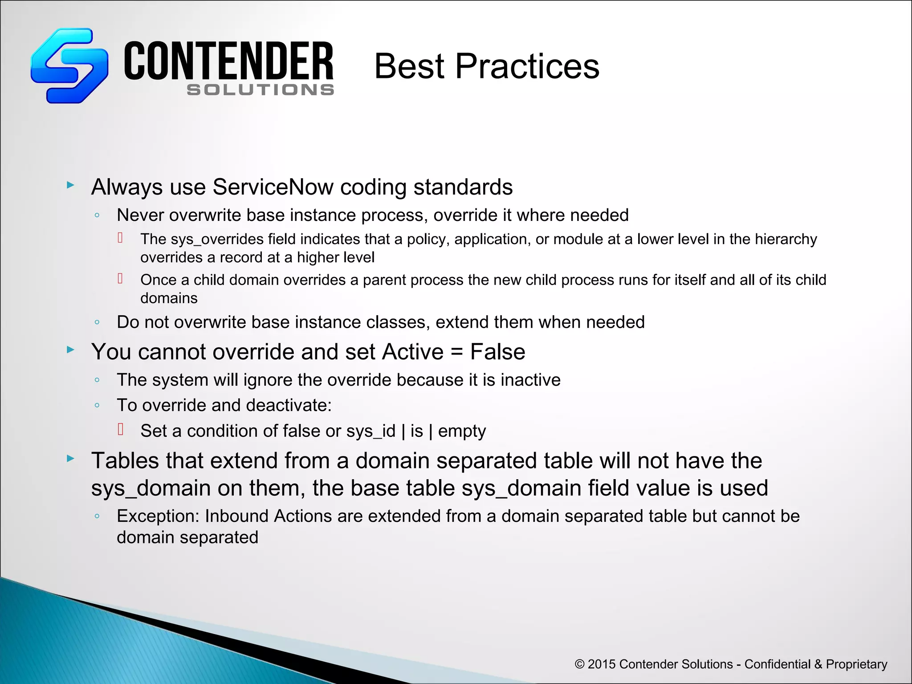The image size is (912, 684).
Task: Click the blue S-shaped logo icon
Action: (x=69, y=66)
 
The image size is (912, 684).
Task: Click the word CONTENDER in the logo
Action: (x=228, y=61)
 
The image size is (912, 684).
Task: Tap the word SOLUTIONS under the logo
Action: (x=261, y=90)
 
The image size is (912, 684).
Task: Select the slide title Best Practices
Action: (x=487, y=66)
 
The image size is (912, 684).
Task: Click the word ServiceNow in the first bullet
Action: (x=273, y=187)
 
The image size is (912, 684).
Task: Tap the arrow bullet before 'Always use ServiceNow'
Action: (x=70, y=185)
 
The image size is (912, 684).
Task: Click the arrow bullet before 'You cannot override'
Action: (x=70, y=350)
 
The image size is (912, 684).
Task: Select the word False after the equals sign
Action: (x=497, y=352)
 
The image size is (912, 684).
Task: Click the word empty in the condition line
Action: (x=462, y=432)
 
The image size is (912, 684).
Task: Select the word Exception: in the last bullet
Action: (x=158, y=516)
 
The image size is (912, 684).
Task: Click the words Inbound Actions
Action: (x=268, y=516)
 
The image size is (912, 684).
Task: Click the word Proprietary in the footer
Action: (x=856, y=664)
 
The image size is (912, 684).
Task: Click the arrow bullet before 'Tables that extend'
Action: (x=70, y=458)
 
